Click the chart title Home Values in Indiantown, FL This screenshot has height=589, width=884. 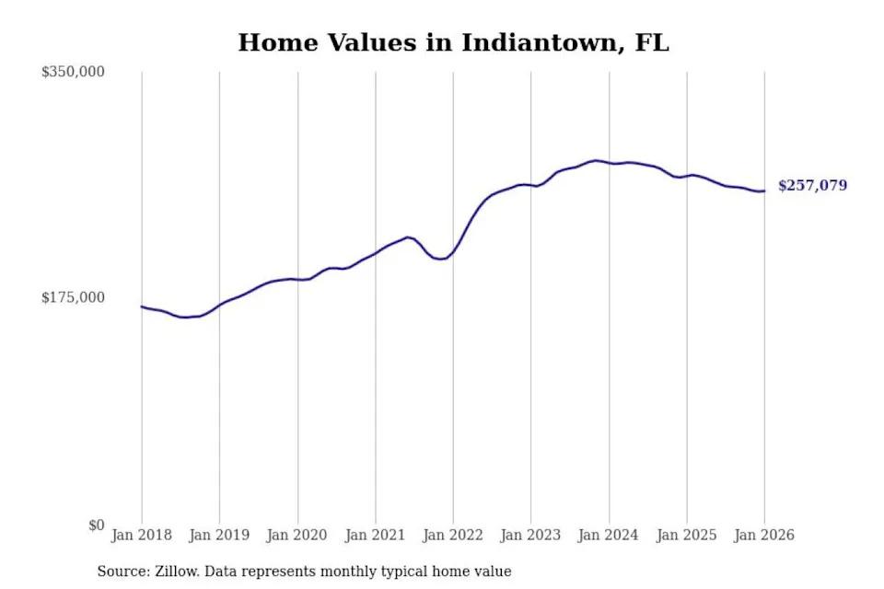pos(453,42)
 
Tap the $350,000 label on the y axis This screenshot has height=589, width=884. pos(74,72)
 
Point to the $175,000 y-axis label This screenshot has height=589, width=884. pos(74,297)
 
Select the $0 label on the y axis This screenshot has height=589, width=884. pos(97,525)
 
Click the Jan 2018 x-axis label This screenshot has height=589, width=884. pos(142,535)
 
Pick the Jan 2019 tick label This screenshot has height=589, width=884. pos(219,535)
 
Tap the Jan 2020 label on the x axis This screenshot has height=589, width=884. pos(297,535)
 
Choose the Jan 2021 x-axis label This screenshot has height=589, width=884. pos(375,535)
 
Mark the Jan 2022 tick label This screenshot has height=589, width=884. pos(453,535)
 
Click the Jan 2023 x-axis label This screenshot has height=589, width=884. pos(530,535)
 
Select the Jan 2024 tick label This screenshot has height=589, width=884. pos(609,535)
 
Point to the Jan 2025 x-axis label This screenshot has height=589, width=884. pos(686,535)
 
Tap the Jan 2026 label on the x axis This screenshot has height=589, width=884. pos(764,535)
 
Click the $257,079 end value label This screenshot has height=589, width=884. pos(812,186)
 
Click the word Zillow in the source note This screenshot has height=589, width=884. pos(178,572)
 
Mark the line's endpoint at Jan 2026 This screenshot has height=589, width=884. pos(764,191)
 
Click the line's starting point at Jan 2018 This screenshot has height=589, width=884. pos(142,306)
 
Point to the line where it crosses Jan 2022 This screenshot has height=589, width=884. pos(453,249)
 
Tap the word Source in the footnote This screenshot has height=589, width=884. pos(122,572)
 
